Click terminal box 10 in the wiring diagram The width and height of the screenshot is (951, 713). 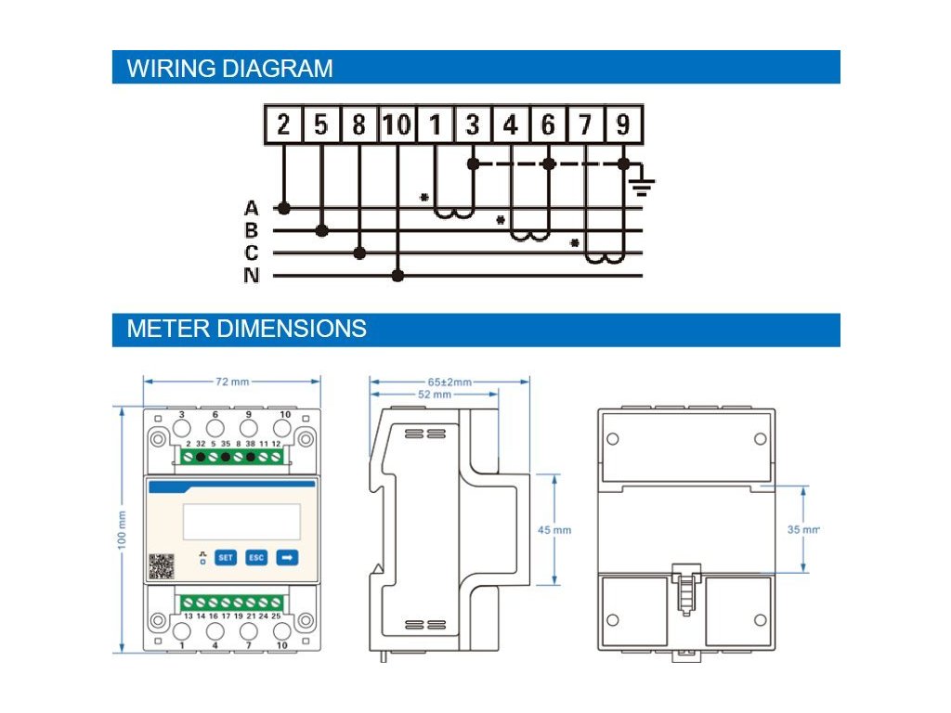(x=397, y=124)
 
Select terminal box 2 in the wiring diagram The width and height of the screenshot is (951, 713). (x=283, y=124)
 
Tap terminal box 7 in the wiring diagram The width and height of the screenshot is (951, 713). (x=585, y=124)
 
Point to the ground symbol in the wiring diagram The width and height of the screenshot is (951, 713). (x=643, y=186)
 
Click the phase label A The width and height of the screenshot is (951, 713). (x=251, y=208)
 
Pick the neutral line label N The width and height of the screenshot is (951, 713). (x=251, y=275)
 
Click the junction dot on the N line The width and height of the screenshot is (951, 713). (x=397, y=276)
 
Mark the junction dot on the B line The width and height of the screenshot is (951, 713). (x=322, y=230)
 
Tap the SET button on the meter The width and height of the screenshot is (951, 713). (x=226, y=557)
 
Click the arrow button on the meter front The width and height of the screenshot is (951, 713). (x=287, y=557)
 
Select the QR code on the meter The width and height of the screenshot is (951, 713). (x=162, y=566)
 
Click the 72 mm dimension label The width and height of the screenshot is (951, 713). (x=232, y=382)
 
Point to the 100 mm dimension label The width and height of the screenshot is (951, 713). (x=122, y=530)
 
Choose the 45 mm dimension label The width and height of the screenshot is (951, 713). (x=554, y=530)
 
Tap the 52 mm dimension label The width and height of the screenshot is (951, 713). (x=435, y=395)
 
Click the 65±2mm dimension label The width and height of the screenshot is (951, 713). (x=449, y=382)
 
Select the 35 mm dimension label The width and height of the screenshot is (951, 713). (x=803, y=530)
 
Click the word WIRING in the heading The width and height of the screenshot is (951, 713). (x=171, y=68)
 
